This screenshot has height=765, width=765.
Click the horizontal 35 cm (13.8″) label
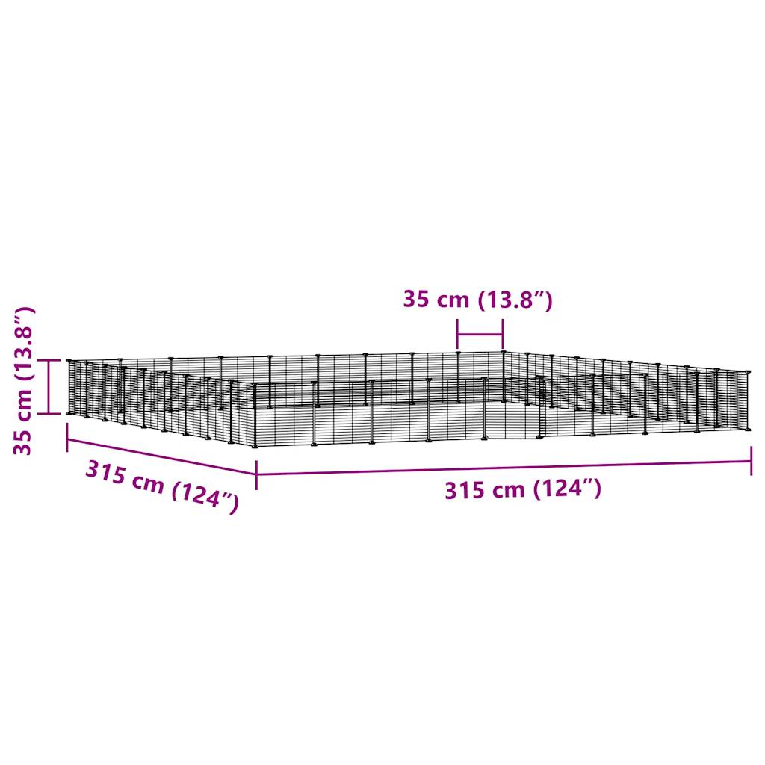477,299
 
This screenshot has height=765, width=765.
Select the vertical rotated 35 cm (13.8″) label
23,381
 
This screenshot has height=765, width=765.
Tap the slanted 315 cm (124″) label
162,487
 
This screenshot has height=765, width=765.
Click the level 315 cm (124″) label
523,489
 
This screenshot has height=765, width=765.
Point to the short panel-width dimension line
480,335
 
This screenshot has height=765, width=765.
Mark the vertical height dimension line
49,386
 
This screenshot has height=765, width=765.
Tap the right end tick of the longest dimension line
752,460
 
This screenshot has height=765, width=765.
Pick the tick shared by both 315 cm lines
256,474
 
